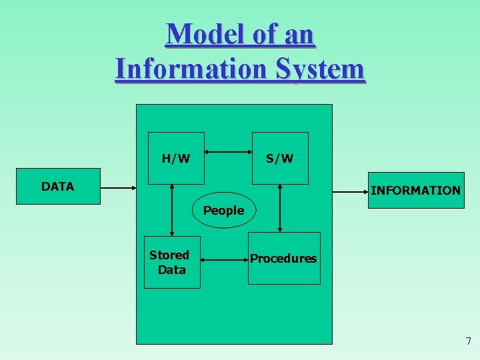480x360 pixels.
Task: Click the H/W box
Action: [176, 158]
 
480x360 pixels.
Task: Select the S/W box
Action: [280, 158]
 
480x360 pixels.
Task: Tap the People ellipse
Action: [224, 211]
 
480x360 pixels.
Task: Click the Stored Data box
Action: [171, 262]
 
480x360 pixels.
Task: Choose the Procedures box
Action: [284, 258]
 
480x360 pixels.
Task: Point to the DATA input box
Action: [59, 187]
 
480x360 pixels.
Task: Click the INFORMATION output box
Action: [415, 191]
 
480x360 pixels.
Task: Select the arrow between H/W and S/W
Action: [228, 152]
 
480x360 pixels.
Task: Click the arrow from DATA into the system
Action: [118, 189]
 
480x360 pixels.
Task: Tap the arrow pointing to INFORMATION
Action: [351, 191]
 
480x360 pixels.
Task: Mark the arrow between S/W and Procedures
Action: [280, 208]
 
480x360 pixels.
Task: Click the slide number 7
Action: [468, 341]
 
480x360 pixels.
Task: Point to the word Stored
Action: [169, 255]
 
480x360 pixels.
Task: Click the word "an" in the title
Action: [298, 34]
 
